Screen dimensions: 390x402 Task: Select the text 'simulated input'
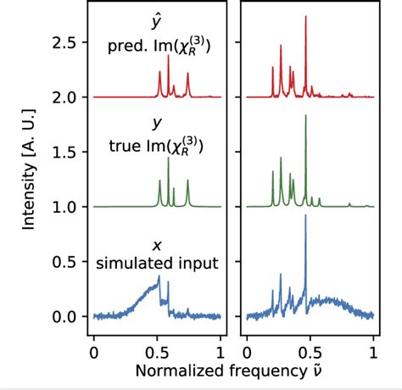pyautogui.click(x=158, y=264)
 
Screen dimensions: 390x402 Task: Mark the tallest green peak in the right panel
pyautogui.click(x=305, y=115)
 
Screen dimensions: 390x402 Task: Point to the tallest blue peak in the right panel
pyautogui.click(x=305, y=217)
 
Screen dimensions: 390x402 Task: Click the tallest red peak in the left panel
pyautogui.click(x=168, y=57)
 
